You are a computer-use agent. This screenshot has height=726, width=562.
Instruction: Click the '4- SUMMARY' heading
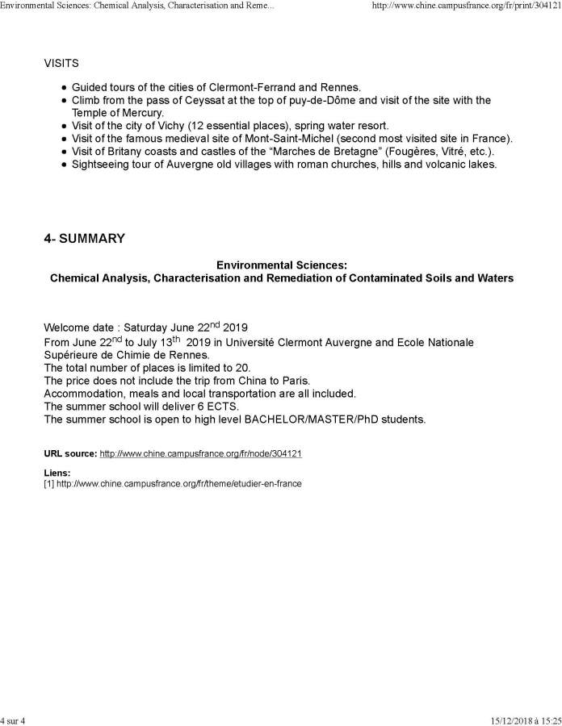(x=85, y=239)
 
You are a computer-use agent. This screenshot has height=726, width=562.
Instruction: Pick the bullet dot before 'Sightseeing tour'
(x=64, y=165)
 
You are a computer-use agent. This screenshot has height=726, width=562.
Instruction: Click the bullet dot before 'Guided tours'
(x=64, y=87)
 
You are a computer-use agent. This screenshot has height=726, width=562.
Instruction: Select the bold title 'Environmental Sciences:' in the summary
(x=282, y=265)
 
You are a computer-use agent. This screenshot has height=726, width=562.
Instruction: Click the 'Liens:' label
(x=57, y=473)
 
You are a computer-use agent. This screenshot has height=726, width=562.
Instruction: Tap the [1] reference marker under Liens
(x=48, y=483)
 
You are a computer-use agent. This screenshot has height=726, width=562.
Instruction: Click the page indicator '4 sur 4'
(x=14, y=720)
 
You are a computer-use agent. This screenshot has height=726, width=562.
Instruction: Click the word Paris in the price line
(x=276, y=381)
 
